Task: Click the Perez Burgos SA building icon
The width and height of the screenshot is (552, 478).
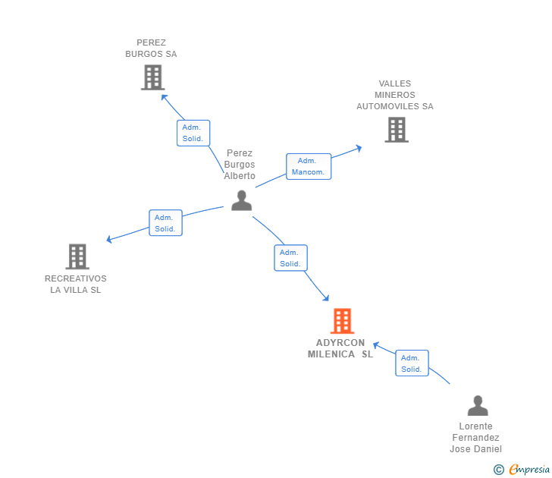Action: pos(152,77)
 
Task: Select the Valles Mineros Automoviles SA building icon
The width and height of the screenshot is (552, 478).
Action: pos(396,130)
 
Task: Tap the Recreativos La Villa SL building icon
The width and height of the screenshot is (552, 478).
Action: pos(77,256)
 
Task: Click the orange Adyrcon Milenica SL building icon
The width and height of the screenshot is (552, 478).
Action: pos(342,321)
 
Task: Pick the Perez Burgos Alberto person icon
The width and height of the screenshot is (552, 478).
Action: pos(241,200)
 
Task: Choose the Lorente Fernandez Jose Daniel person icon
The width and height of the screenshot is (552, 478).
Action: pos(477,406)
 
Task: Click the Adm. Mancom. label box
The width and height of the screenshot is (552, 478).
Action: pos(309,166)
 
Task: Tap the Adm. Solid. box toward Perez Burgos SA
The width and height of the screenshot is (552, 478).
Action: pos(193,133)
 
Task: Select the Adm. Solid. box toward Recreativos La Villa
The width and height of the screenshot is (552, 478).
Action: pos(165,223)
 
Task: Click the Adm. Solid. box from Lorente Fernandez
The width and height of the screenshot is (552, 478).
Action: pos(412,363)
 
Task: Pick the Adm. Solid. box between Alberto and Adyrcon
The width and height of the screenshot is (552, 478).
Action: pos(290,258)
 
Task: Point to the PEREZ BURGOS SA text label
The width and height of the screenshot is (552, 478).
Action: pos(151,49)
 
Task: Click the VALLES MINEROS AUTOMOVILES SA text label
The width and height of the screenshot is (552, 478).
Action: pos(395,95)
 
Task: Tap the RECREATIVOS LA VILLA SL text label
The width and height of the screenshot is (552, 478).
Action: pos(76,284)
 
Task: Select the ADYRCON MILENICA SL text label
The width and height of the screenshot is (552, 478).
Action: pos(340,348)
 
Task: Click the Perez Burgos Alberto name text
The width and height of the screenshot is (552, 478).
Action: pos(240,165)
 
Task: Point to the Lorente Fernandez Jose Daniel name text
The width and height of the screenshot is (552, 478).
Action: pos(476,438)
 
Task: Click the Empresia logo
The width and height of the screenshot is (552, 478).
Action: pos(529,470)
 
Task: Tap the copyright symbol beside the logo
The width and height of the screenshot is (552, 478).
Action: pos(498,470)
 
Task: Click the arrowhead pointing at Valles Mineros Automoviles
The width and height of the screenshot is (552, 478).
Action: pos(358,148)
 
